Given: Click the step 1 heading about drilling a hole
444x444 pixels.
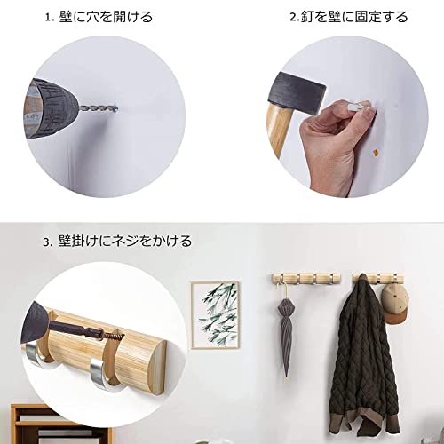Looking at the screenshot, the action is pyautogui.click(x=99, y=17).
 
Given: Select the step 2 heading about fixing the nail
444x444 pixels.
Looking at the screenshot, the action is pyautogui.click(x=349, y=17).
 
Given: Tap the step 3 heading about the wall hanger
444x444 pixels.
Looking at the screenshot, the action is pyautogui.click(x=117, y=242).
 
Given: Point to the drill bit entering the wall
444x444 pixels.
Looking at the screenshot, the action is pyautogui.click(x=99, y=108).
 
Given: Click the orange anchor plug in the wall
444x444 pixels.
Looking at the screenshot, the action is pyautogui.click(x=376, y=153).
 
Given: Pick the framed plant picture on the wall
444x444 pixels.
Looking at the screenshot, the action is pyautogui.click(x=215, y=315).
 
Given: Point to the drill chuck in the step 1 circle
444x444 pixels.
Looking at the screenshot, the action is pyautogui.click(x=52, y=108).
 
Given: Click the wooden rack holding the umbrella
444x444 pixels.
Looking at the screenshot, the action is pyautogui.click(x=306, y=279).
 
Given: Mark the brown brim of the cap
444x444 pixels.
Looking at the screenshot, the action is pyautogui.click(x=397, y=318).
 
